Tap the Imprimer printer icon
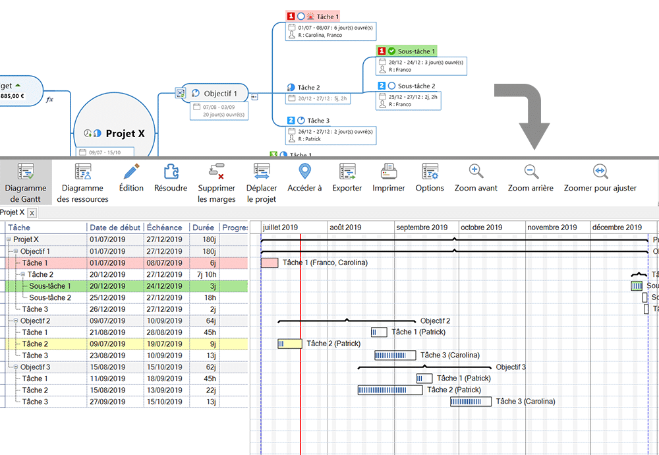pyautogui.click(x=389, y=172)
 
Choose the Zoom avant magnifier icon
pyautogui.click(x=476, y=172)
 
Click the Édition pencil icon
pyautogui.click(x=131, y=172)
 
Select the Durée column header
pyautogui.click(x=204, y=228)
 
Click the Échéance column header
pyautogui.click(x=165, y=228)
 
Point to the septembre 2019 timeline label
pyautogui.click(x=422, y=228)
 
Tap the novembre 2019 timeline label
pyautogui.click(x=552, y=228)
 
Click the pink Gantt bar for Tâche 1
pyautogui.click(x=270, y=262)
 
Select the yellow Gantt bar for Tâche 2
pyautogui.click(x=290, y=344)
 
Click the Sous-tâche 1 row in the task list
pyautogui.click(x=50, y=286)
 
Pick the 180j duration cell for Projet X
pyautogui.click(x=208, y=239)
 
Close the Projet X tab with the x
pyautogui.click(x=32, y=213)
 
